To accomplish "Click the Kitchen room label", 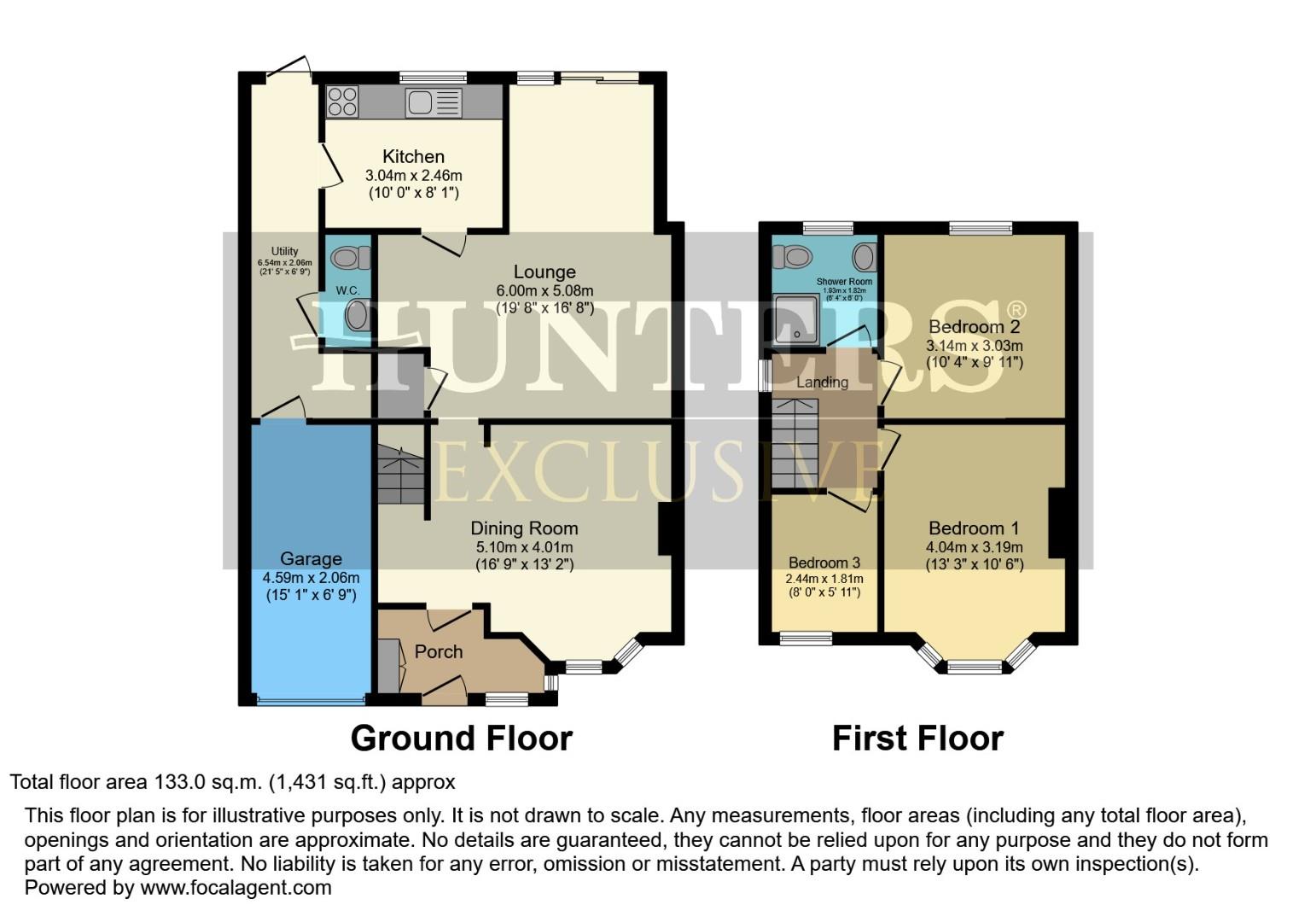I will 413,156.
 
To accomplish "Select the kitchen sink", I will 434,103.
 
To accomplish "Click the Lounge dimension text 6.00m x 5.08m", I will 544,290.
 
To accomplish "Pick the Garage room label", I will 311,558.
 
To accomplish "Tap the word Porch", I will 439,651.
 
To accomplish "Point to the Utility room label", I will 284,251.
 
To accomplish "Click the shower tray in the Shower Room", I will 795,318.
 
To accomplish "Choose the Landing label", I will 822,382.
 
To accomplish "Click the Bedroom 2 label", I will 974,326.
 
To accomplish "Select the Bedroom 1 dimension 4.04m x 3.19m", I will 974,547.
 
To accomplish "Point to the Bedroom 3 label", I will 824,563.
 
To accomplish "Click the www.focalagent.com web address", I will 236,887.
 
